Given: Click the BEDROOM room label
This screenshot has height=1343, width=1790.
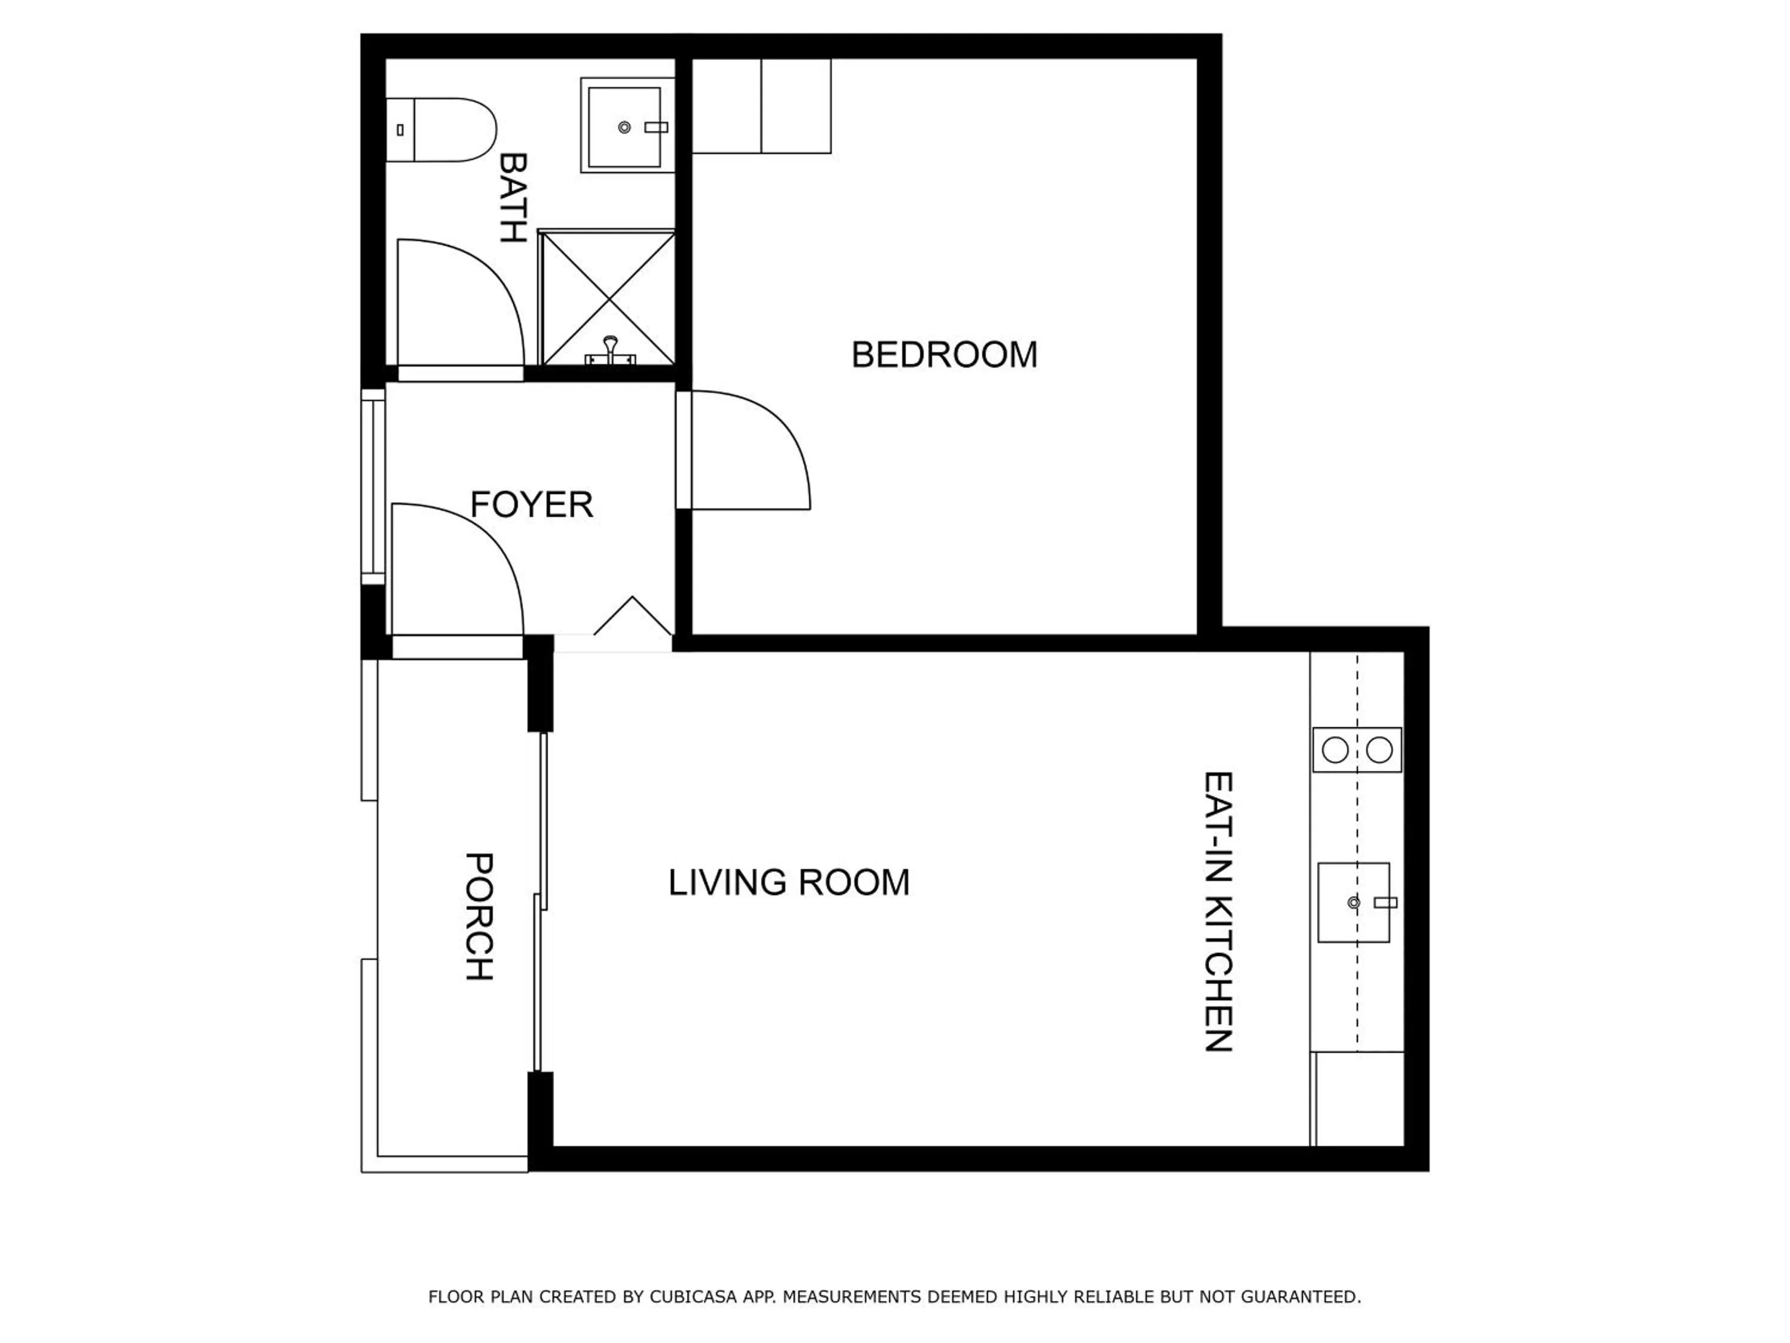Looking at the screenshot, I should point(943,355).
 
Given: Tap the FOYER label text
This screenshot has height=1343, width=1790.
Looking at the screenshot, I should point(531,504).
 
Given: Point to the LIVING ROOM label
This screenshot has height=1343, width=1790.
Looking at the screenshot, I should point(788,882).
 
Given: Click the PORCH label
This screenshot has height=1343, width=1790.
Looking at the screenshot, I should point(479,916).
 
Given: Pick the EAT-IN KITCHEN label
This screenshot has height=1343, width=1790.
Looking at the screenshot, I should point(1218,911).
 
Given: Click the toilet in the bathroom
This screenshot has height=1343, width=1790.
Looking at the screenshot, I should point(441,130).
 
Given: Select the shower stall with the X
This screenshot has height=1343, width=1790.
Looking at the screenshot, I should point(607,297).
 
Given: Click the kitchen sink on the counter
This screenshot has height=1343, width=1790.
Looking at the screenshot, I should point(1353,902).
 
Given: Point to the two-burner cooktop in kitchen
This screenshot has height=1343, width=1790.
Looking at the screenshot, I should point(1356,750).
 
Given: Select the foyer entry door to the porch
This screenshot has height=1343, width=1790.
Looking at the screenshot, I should point(457,571).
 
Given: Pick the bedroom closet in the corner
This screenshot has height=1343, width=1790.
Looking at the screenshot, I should point(761,105).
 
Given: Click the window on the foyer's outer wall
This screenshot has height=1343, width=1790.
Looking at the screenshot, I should point(372,486).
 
